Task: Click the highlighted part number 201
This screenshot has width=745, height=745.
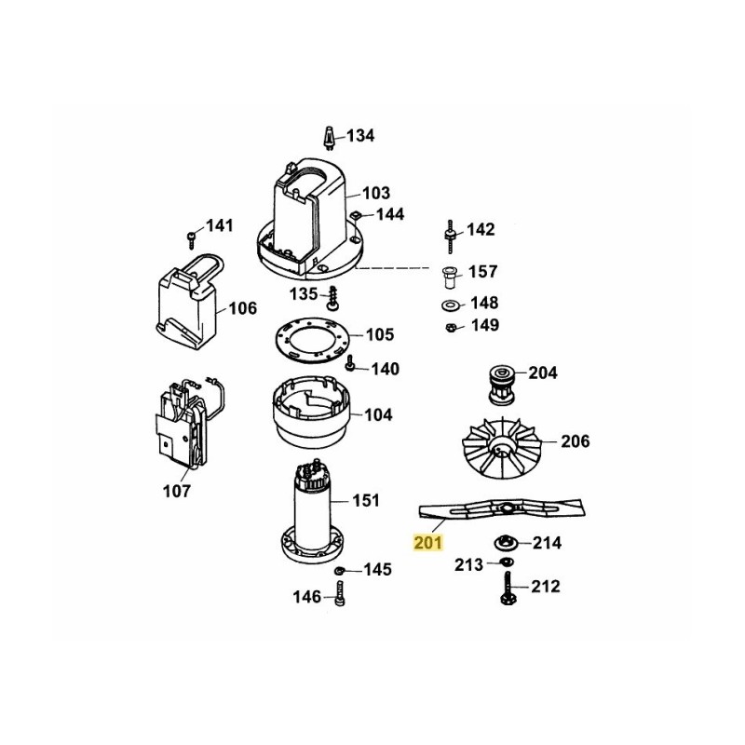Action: [430, 540]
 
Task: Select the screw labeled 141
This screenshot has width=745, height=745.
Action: [192, 234]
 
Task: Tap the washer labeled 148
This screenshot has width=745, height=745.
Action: [449, 304]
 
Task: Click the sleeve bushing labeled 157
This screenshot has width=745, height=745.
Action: [449, 276]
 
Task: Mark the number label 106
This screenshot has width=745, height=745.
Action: [242, 308]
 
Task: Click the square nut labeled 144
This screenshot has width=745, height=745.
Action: [357, 215]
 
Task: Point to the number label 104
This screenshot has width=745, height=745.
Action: [378, 414]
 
